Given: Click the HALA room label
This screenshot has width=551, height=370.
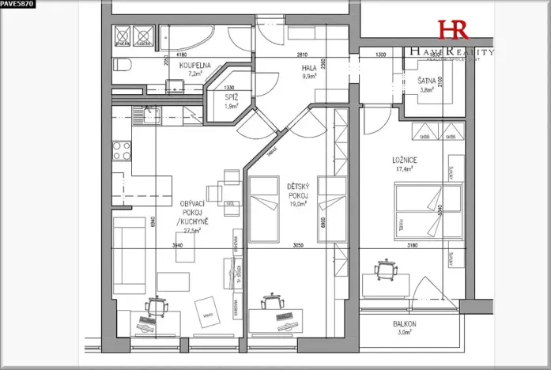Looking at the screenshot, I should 309,68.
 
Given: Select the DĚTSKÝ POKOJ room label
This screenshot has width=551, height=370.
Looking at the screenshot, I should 298,191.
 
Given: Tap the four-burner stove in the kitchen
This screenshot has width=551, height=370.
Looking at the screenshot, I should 121,150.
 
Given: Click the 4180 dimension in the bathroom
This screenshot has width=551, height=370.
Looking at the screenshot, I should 181,55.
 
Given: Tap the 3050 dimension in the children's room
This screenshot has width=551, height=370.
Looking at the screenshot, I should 299,246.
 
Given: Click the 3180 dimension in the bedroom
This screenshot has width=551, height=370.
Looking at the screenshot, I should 412,246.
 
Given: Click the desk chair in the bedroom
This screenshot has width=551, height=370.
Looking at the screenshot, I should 385,271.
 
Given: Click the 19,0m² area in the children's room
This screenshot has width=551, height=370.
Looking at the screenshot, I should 297,203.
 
